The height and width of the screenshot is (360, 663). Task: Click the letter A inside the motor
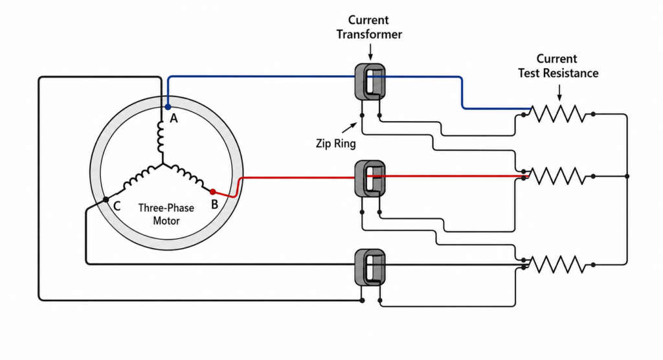[x=174, y=118]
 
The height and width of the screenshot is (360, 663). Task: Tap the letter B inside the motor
[x=214, y=205]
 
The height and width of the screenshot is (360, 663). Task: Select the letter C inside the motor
[x=117, y=206]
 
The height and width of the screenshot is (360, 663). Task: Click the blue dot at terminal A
[x=168, y=107]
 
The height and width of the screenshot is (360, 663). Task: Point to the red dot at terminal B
[x=212, y=192]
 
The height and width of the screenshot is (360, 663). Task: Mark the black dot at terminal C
[x=106, y=199]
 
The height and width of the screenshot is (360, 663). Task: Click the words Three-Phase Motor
[x=166, y=214]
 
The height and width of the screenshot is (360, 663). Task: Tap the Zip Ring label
[x=336, y=143]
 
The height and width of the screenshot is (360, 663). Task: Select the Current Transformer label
[x=369, y=27]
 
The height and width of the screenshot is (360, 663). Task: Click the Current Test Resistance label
[x=558, y=66]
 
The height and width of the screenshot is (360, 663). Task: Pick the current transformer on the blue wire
[x=370, y=82]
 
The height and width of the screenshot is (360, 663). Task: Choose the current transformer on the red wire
[x=370, y=179]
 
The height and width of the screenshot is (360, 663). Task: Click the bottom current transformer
[x=370, y=267]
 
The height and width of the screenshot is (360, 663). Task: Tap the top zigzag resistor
[x=558, y=114]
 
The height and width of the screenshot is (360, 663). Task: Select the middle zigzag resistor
[x=558, y=176]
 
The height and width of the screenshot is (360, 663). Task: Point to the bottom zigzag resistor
[x=558, y=265]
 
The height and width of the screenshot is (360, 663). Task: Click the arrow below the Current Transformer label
[x=370, y=51]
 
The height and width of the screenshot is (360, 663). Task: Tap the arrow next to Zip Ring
[x=349, y=128]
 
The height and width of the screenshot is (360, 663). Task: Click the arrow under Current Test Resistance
[x=559, y=93]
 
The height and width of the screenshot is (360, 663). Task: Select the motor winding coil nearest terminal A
[x=161, y=137]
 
